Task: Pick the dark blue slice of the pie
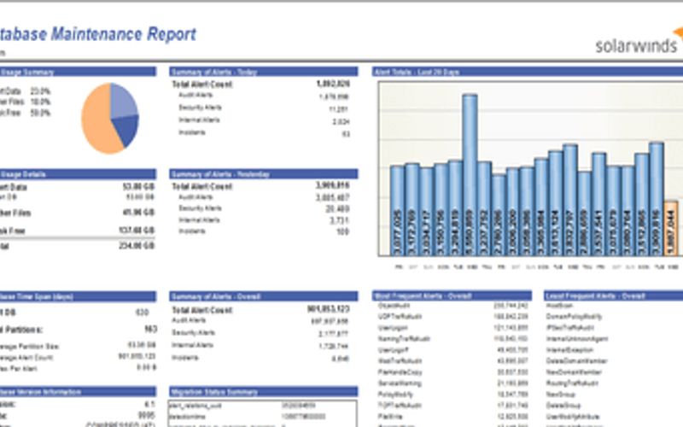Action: coord(126,128)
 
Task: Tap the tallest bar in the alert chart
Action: coord(470,171)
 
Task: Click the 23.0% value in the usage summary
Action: coord(40,91)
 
